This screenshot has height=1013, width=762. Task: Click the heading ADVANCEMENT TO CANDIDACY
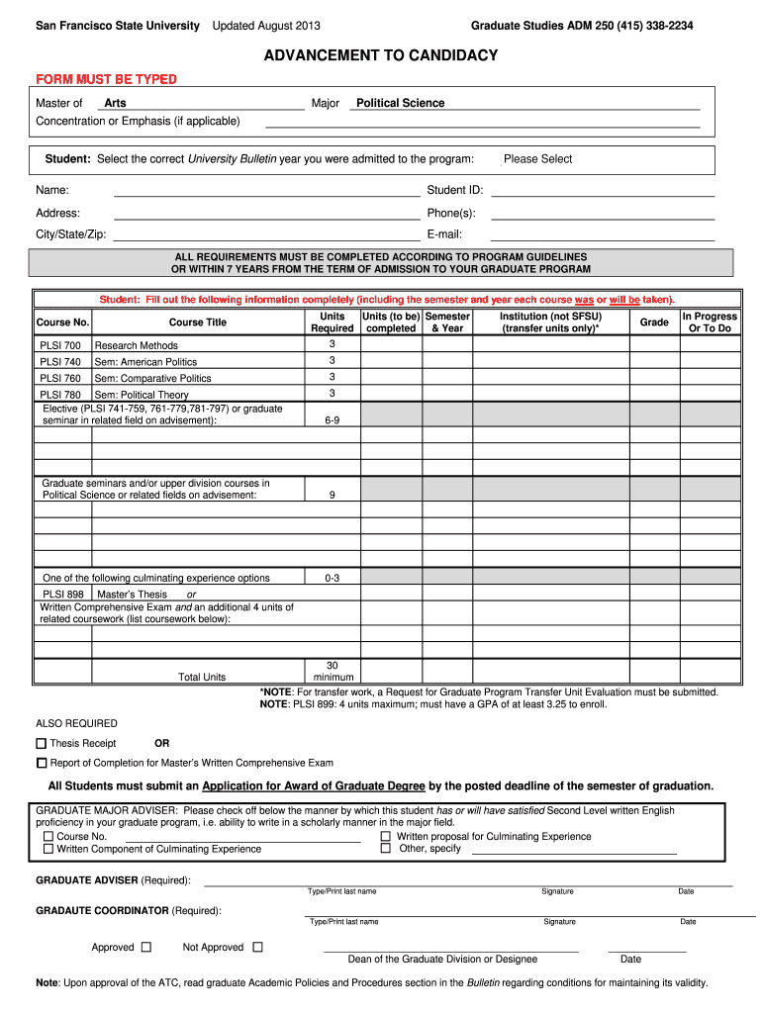pos(381,55)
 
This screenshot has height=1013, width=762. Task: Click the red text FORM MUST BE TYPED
pos(106,79)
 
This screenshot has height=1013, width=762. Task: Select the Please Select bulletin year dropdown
pos(537,159)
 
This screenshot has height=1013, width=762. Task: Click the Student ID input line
pos(602,190)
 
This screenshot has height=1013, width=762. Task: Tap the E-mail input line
pos(602,235)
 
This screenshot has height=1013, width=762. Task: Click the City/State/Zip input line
pos(267,235)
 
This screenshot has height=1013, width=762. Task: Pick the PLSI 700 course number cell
pos(61,345)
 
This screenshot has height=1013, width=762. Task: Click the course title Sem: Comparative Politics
pos(152,378)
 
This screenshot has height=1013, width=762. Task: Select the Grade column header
pos(654,322)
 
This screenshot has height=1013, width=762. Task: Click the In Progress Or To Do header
pos(710,322)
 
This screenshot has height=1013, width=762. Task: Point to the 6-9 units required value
pos(332,419)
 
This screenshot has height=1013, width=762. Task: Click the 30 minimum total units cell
pos(332,671)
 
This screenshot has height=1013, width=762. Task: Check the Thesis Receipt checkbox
pos(42,744)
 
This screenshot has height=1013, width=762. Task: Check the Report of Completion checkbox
pos(42,763)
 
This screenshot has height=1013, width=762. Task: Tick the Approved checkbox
pos(146,947)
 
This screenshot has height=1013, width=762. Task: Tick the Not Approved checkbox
pos(257,947)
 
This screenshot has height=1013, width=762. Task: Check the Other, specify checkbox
pos(386,848)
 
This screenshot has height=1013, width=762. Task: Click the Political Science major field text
pos(400,103)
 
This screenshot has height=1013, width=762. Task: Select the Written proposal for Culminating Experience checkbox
pos(386,836)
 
